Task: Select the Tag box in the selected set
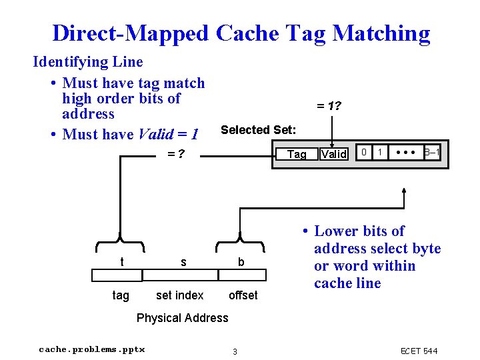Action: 296,154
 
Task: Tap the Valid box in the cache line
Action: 333,154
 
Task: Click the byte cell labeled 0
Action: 363,153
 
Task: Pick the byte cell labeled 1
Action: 380,153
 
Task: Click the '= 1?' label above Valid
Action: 329,105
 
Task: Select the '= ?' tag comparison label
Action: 175,155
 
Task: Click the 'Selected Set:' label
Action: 258,130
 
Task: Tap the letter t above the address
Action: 121,263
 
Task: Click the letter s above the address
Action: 183,263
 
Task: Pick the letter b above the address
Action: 241,263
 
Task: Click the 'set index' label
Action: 179,295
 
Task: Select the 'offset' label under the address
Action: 243,295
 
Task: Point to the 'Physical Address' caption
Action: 182,318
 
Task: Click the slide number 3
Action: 234,351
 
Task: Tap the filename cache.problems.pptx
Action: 91,349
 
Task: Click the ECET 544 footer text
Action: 419,351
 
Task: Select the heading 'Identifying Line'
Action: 88,62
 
